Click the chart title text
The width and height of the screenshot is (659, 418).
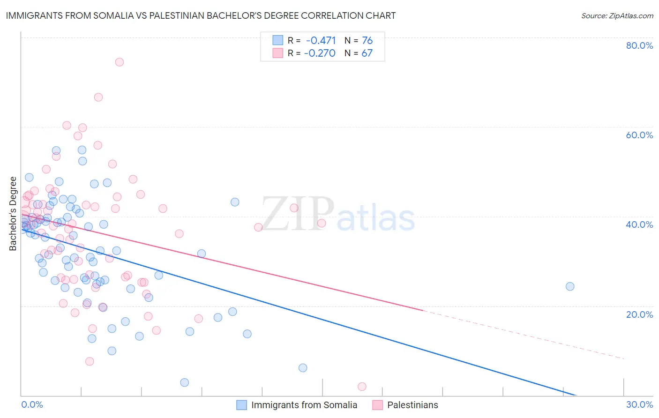pyautogui.click(x=201, y=15)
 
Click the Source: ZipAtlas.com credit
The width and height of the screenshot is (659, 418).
pyautogui.click(x=617, y=15)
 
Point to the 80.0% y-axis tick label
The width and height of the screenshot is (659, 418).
pyautogui.click(x=639, y=45)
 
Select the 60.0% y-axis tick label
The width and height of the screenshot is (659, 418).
pyautogui.click(x=639, y=135)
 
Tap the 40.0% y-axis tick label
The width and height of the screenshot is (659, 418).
pyautogui.click(x=639, y=224)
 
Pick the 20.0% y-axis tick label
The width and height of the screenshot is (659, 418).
pyautogui.click(x=639, y=314)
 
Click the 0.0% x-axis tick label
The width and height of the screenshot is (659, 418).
pyautogui.click(x=32, y=404)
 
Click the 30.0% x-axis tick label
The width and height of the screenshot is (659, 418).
pyautogui.click(x=639, y=404)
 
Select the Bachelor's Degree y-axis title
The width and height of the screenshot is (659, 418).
pyautogui.click(x=13, y=214)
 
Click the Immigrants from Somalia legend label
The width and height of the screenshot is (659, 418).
pyautogui.click(x=304, y=405)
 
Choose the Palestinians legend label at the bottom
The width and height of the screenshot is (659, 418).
pyautogui.click(x=412, y=405)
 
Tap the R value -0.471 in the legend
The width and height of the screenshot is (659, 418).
pyautogui.click(x=321, y=41)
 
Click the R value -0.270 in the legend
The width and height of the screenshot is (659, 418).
pyautogui.click(x=320, y=53)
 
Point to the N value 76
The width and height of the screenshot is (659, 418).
pyautogui.click(x=367, y=41)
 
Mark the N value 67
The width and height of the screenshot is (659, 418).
pyautogui.click(x=367, y=53)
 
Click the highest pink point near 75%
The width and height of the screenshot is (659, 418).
pyautogui.click(x=120, y=62)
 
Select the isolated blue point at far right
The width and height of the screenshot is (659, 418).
pyautogui.click(x=570, y=286)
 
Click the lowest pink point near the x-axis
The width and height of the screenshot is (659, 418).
pyautogui.click(x=362, y=387)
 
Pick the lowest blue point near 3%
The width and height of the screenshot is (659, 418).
pyautogui.click(x=185, y=382)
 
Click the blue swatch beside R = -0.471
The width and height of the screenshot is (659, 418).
pyautogui.click(x=278, y=40)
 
